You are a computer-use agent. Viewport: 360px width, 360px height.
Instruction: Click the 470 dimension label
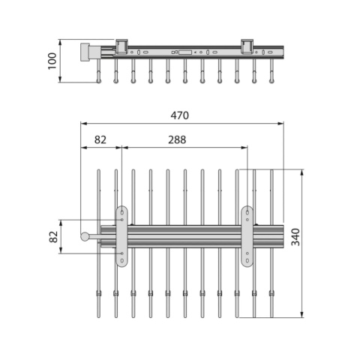point(180,115)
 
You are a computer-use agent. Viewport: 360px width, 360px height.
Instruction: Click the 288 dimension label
point(177,140)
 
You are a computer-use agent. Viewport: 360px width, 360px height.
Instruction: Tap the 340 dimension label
point(295,237)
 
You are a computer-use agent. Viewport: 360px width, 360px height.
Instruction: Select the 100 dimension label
point(52,61)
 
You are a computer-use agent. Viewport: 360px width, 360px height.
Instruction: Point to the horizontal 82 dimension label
point(100,140)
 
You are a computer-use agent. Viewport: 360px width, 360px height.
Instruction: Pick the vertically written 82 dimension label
point(53,237)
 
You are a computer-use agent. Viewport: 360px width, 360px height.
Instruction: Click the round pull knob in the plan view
point(85,236)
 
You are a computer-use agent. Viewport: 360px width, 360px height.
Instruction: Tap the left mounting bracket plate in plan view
point(121,236)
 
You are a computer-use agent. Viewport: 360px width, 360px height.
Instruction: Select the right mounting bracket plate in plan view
point(247,236)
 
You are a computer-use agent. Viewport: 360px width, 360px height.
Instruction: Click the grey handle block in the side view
point(85,52)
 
